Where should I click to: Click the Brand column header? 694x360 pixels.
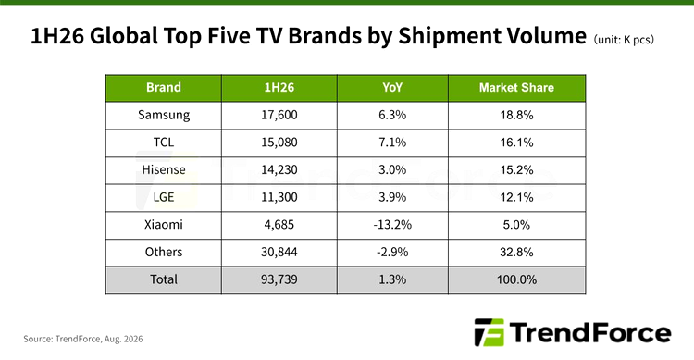point(163,87)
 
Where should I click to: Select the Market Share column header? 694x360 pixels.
point(516,88)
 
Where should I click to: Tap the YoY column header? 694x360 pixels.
point(392,87)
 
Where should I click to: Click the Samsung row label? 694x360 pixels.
point(163,115)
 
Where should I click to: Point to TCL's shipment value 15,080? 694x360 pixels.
point(279,143)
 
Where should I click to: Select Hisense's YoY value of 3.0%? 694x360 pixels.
point(392,170)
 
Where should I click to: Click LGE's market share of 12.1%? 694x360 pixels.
point(516,197)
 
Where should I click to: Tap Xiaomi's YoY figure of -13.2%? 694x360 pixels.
point(392,225)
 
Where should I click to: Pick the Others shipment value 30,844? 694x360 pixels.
point(279,253)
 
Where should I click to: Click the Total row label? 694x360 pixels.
point(163,279)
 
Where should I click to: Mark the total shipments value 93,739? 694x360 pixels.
point(279,279)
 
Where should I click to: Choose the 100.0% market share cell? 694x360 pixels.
point(516,279)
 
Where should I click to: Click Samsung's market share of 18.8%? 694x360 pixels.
point(516,115)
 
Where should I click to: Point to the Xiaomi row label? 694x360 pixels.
point(163,225)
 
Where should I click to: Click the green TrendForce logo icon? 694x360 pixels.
point(490,332)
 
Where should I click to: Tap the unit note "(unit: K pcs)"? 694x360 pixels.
point(624,40)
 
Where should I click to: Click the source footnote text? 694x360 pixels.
point(82,340)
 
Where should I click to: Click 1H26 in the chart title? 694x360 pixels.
point(57,36)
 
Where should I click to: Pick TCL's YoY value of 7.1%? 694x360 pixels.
point(392,143)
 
